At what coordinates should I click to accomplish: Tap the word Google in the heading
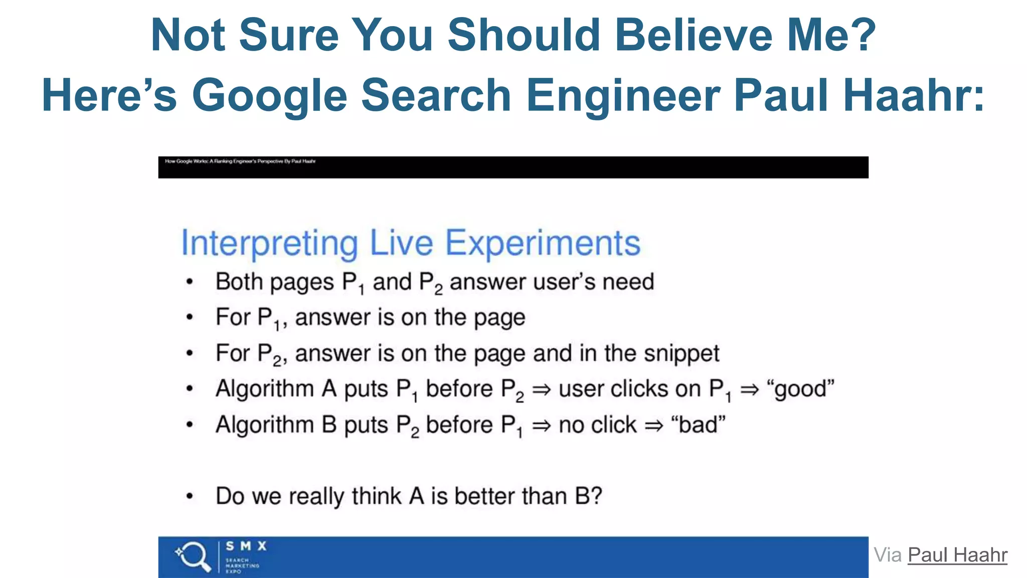click(x=269, y=95)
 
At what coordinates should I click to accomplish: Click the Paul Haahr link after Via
click(x=957, y=555)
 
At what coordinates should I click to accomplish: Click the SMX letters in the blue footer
click(x=246, y=546)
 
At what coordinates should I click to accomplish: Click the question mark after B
click(x=596, y=496)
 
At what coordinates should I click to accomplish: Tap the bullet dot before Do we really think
click(x=189, y=497)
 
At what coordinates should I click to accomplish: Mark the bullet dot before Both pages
click(x=189, y=282)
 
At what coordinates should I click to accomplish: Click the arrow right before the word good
click(x=750, y=389)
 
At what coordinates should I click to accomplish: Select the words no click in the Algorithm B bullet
click(x=597, y=425)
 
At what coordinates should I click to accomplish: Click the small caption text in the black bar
click(x=240, y=161)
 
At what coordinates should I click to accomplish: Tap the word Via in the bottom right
click(x=887, y=555)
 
